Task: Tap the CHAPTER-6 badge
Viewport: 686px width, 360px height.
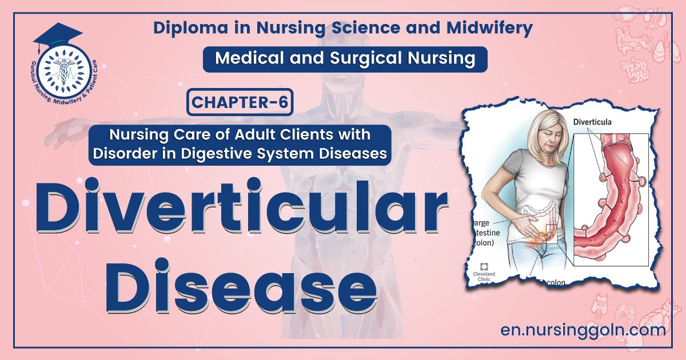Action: pos(240,103)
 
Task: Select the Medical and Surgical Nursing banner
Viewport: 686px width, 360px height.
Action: pos(345,59)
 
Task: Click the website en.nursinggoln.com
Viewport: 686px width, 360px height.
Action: pos(583,330)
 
